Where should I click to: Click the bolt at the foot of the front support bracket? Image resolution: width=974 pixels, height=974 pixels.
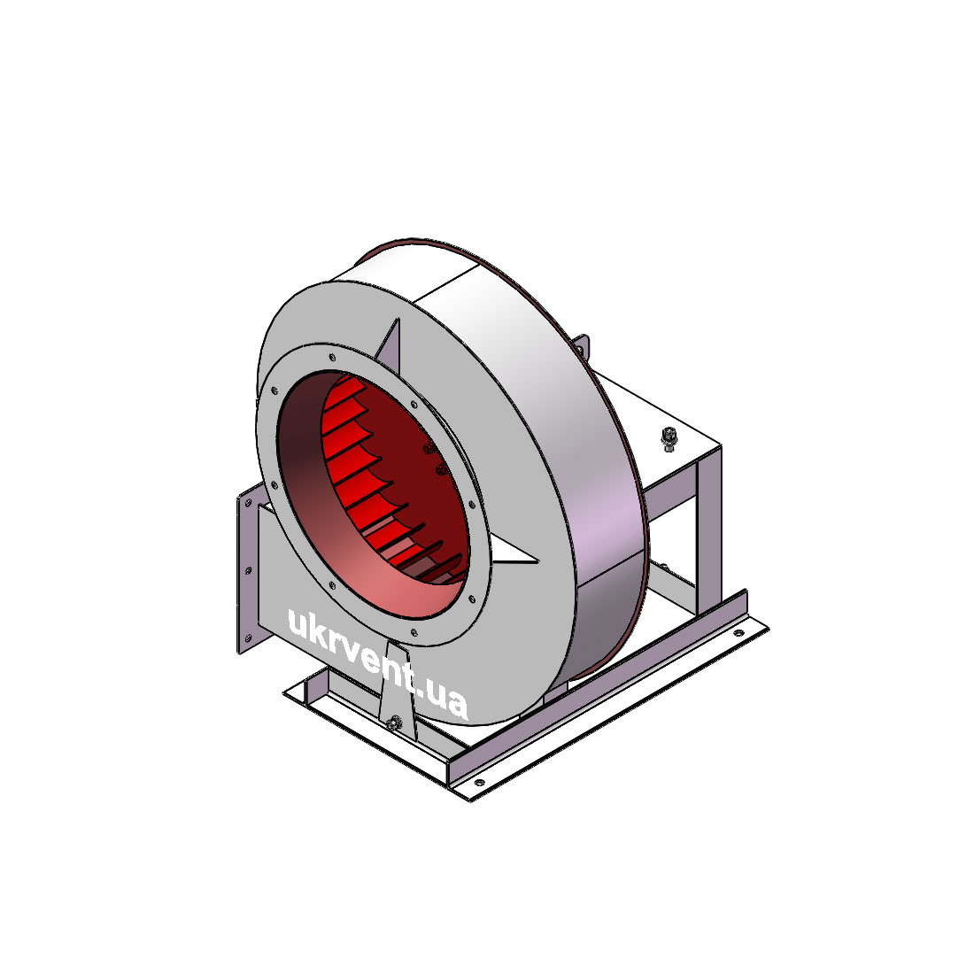tap(392, 723)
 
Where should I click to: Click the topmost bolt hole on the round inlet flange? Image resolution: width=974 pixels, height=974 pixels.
tap(332, 357)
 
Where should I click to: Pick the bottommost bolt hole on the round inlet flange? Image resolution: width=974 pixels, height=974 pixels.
tap(414, 634)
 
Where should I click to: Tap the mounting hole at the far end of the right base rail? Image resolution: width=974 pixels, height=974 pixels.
tap(738, 634)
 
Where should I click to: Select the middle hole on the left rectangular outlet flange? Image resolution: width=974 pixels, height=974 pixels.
tap(248, 569)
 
